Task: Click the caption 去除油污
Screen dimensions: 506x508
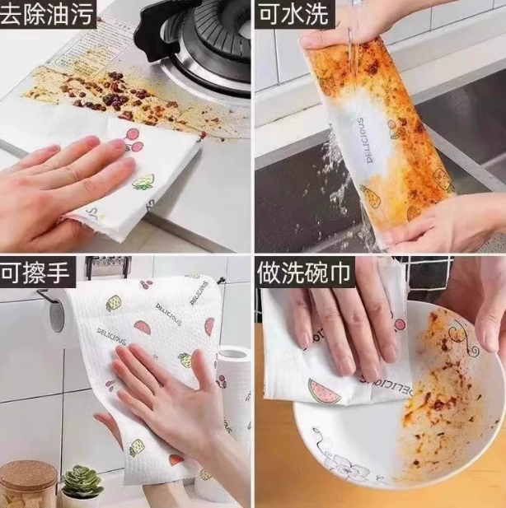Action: point(47,14)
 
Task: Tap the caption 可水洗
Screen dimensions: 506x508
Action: point(293,14)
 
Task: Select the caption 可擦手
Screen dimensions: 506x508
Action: point(35,273)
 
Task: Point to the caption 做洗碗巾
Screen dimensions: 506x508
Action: point(304,273)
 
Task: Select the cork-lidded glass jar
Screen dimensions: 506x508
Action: point(28,483)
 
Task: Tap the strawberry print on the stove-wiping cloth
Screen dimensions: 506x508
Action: point(143,182)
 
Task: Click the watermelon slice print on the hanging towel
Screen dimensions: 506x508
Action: point(143,327)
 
